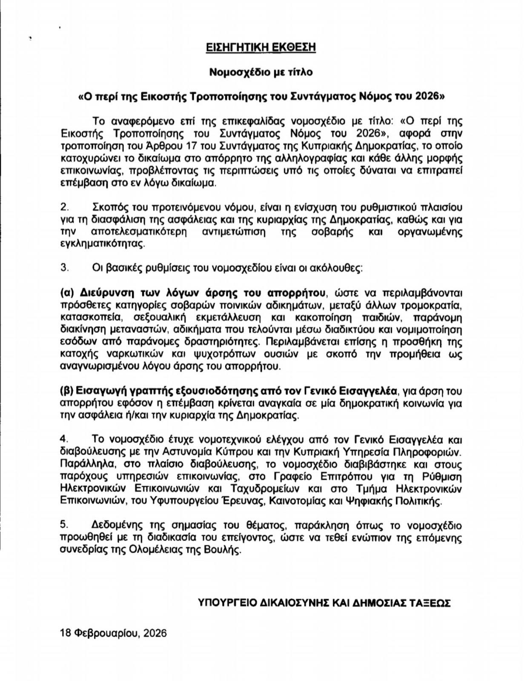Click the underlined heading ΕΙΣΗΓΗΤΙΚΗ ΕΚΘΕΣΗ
click(261, 47)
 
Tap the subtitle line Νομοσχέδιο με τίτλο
click(261, 72)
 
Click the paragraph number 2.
click(65, 207)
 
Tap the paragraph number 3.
click(65, 268)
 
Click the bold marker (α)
click(67, 293)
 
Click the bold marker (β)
click(67, 391)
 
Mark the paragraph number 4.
click(65, 439)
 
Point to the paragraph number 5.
click(65, 525)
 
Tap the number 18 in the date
click(66, 633)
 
